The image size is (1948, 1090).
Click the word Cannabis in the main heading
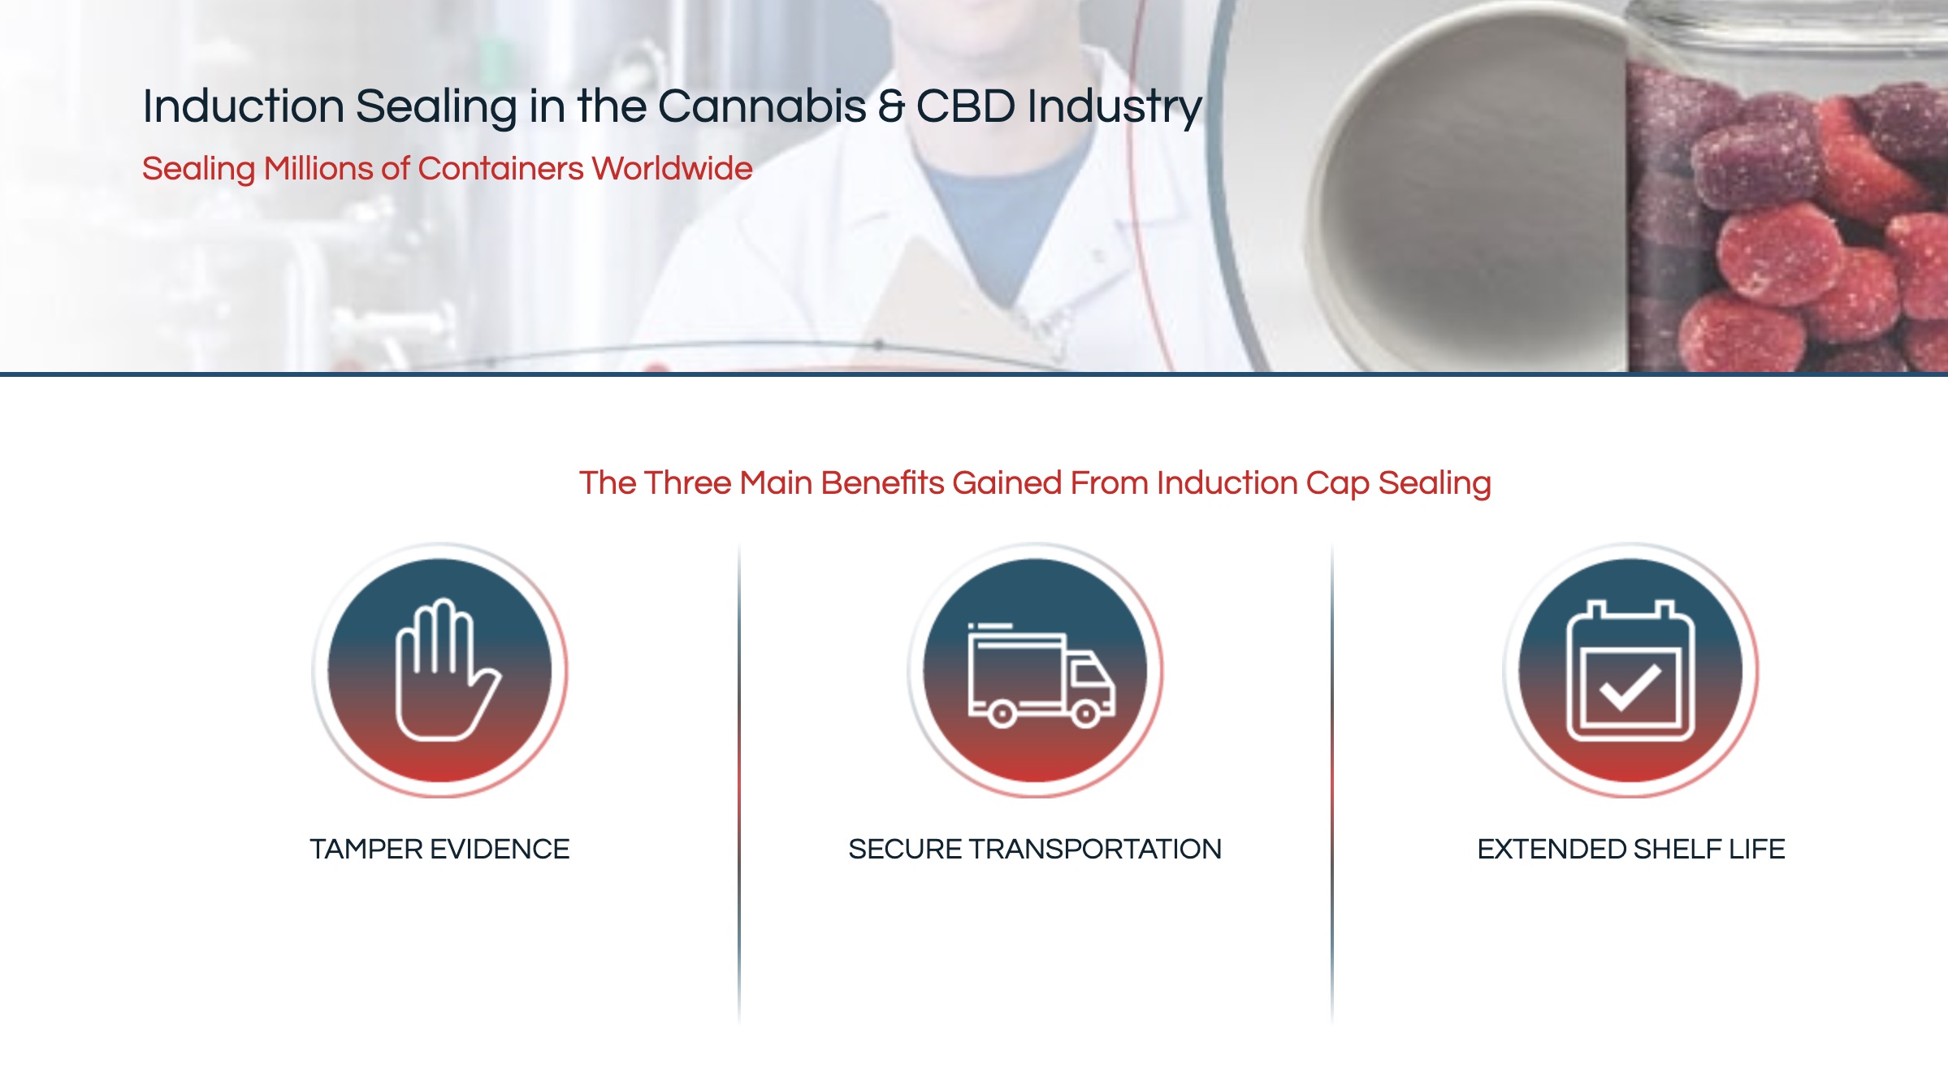(x=762, y=106)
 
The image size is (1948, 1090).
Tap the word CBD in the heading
(x=966, y=106)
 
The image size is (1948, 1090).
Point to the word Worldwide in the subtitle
(x=672, y=169)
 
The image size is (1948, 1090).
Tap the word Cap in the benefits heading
(x=1337, y=484)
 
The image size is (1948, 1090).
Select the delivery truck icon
(x=1041, y=675)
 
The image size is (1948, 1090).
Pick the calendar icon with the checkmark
(x=1630, y=671)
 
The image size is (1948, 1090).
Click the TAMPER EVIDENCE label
(x=439, y=850)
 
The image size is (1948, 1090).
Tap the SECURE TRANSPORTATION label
(x=1035, y=850)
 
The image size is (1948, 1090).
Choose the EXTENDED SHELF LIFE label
(x=1631, y=850)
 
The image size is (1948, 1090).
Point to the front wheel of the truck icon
(x=1085, y=714)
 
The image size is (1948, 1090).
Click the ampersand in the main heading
(x=891, y=106)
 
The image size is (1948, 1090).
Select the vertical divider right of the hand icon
(x=739, y=784)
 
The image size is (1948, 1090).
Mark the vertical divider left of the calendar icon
(x=1332, y=784)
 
